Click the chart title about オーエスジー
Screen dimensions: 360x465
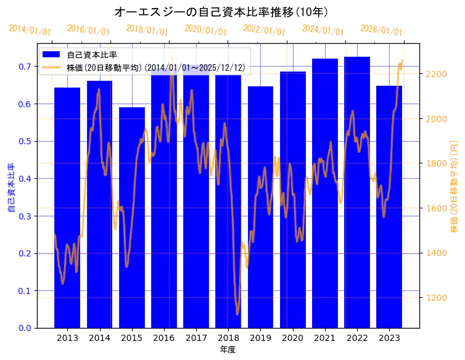(x=221, y=12)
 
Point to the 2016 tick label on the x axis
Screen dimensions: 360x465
(x=164, y=338)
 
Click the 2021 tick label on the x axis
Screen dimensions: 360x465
(x=325, y=338)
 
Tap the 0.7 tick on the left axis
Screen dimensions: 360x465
(x=25, y=67)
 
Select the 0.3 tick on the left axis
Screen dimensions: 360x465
(x=25, y=216)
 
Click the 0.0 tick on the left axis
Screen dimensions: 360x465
(x=25, y=328)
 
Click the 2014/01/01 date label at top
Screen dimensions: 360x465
(x=30, y=30)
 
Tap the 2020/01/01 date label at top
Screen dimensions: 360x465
(x=206, y=30)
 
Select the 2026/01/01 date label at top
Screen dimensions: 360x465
(x=381, y=30)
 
